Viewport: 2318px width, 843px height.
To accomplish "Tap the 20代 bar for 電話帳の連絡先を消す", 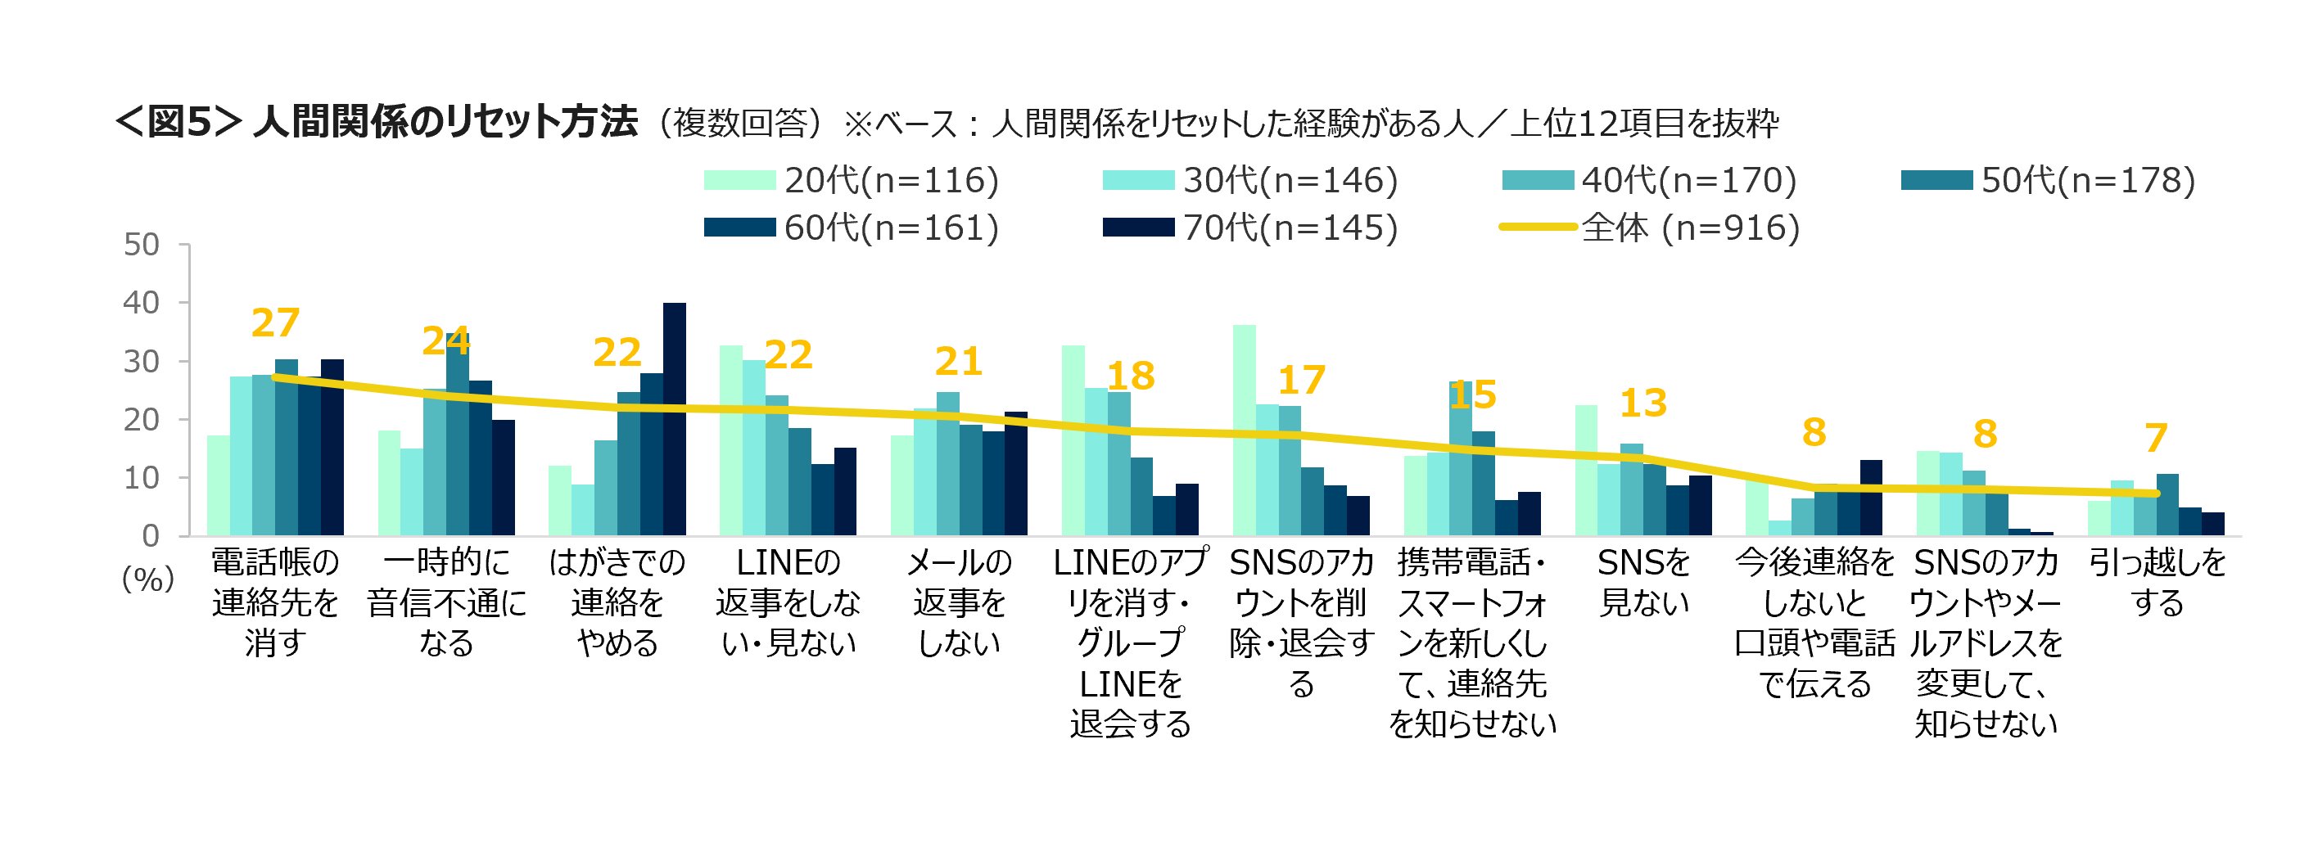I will click(x=219, y=486).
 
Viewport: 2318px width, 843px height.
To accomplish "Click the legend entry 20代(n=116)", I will click(x=852, y=181).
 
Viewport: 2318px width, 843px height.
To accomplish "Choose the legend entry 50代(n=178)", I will click(x=2048, y=181).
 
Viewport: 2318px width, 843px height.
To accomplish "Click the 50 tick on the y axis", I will click(x=142, y=245).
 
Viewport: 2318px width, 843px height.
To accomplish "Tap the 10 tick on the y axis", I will click(x=142, y=478).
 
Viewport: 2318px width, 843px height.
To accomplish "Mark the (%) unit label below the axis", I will click(x=147, y=578).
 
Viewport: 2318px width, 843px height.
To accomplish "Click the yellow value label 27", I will click(x=275, y=324).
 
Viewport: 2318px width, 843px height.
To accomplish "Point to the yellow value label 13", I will click(x=1643, y=403).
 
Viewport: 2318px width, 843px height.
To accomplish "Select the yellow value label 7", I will click(x=2156, y=439).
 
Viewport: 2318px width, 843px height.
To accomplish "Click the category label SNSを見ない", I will click(x=1644, y=582).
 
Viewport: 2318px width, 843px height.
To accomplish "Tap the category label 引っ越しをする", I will click(x=2157, y=582).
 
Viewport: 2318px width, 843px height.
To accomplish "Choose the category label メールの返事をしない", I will click(x=960, y=602).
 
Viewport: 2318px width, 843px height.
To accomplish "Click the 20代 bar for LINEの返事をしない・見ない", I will click(x=730, y=441).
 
